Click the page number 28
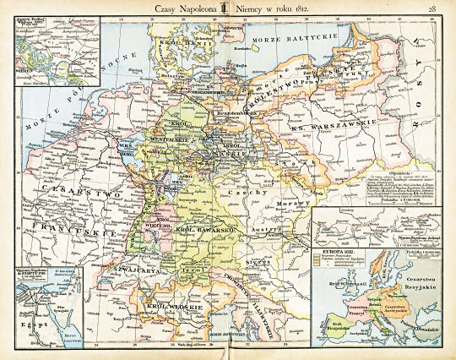432,8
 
